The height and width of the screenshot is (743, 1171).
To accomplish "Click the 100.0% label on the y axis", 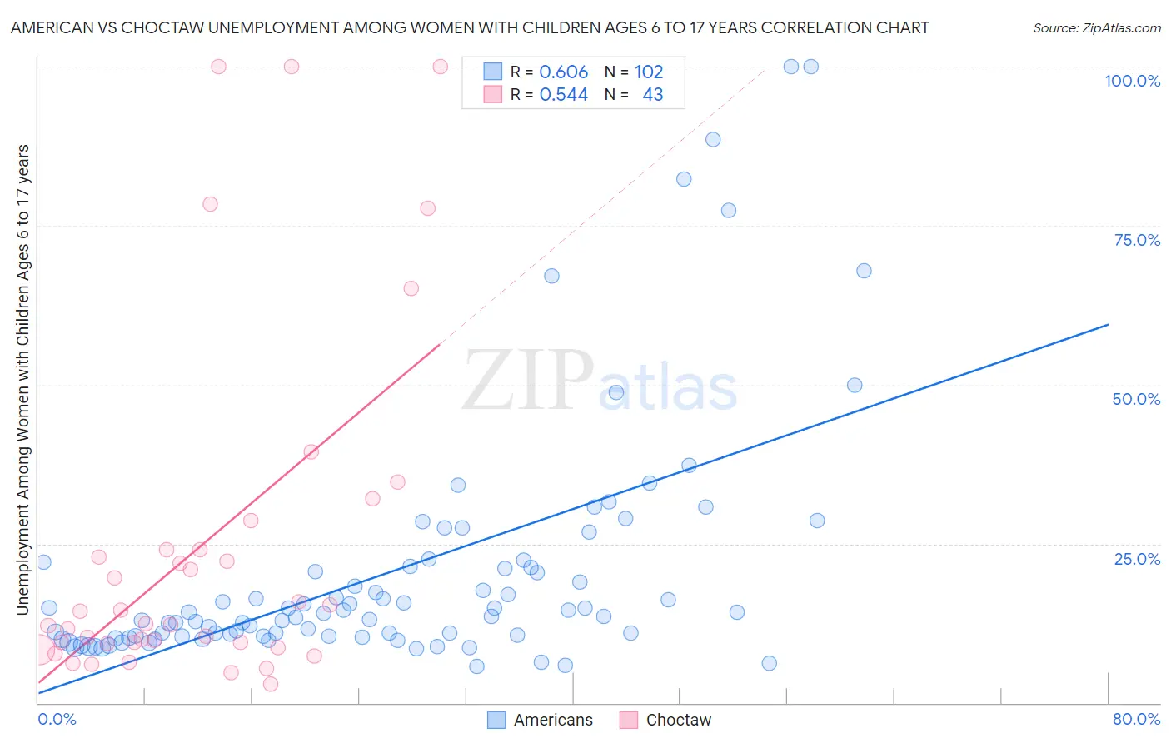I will [x=1132, y=81].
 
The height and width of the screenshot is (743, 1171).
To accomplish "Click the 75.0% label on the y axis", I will [x=1137, y=240].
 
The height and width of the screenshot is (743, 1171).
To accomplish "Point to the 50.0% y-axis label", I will [x=1136, y=399].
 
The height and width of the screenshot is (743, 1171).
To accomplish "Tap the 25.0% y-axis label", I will [x=1137, y=559].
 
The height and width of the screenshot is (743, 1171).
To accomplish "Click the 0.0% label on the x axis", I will [x=57, y=719].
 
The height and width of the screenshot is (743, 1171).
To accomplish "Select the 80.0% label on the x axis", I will [x=1136, y=719].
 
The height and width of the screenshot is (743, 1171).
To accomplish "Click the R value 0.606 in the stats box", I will [x=563, y=72].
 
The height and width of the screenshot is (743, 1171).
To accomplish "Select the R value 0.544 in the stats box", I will [x=563, y=94].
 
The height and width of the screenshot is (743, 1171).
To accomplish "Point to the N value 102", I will [x=648, y=72].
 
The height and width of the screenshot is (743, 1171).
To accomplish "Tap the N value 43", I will [x=652, y=94].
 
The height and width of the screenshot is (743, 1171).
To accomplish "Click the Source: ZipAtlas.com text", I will [x=1096, y=27].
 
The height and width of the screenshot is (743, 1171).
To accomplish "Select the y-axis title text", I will [x=22, y=379].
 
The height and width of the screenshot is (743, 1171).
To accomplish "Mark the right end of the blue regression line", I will [x=1109, y=324].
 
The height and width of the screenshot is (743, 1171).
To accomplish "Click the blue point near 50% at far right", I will [x=855, y=385].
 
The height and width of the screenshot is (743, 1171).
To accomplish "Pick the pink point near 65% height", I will [x=411, y=288].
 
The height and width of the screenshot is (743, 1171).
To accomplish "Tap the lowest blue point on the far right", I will [x=769, y=663].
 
